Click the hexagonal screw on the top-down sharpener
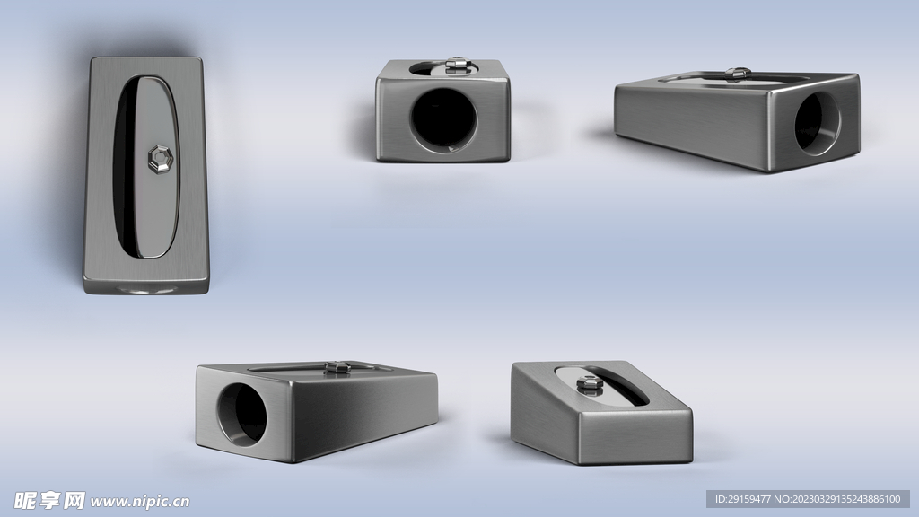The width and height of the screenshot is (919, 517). [x=160, y=160]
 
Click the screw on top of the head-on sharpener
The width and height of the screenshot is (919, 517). [x=455, y=65]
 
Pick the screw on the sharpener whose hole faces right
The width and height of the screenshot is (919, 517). [x=738, y=74]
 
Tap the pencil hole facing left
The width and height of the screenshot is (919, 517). [x=242, y=415]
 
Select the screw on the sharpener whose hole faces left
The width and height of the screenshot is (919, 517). [x=337, y=367]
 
